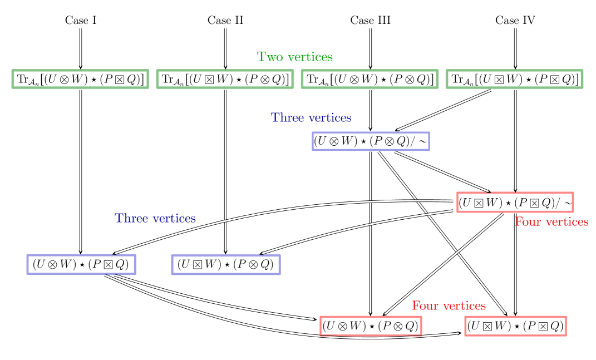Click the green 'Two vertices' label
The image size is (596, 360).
294,57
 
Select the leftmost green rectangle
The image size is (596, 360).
80,79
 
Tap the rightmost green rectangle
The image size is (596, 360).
514,79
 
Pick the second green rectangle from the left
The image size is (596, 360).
225,79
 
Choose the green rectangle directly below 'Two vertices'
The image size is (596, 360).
370,79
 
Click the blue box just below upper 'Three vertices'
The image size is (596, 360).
371,141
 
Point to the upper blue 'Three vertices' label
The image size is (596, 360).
311,118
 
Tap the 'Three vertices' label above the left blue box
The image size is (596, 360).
155,219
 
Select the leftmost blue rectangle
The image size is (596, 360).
81,264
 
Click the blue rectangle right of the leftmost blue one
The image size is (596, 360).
225,265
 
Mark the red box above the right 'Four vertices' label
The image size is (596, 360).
515,202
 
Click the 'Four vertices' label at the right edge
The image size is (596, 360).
551,222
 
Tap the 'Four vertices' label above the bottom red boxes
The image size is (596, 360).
449,306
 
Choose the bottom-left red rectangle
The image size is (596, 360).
371,326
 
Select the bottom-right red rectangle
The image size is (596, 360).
515,326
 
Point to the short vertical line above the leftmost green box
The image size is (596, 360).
81,47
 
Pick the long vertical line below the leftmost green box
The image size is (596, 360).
81,167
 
